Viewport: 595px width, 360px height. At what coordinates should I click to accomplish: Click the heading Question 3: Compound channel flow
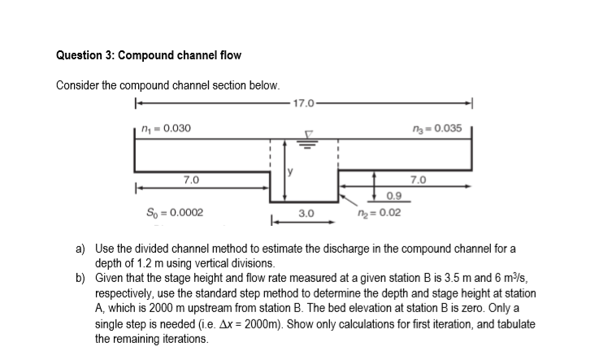149,55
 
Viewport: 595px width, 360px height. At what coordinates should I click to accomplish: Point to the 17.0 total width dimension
302,103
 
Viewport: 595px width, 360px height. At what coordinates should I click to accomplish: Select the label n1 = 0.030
166,128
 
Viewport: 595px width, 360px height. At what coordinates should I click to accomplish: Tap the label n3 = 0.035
437,128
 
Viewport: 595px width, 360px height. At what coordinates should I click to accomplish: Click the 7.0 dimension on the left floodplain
191,179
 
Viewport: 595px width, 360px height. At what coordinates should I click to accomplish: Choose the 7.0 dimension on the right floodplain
418,179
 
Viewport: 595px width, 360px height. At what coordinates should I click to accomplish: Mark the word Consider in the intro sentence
79,85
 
